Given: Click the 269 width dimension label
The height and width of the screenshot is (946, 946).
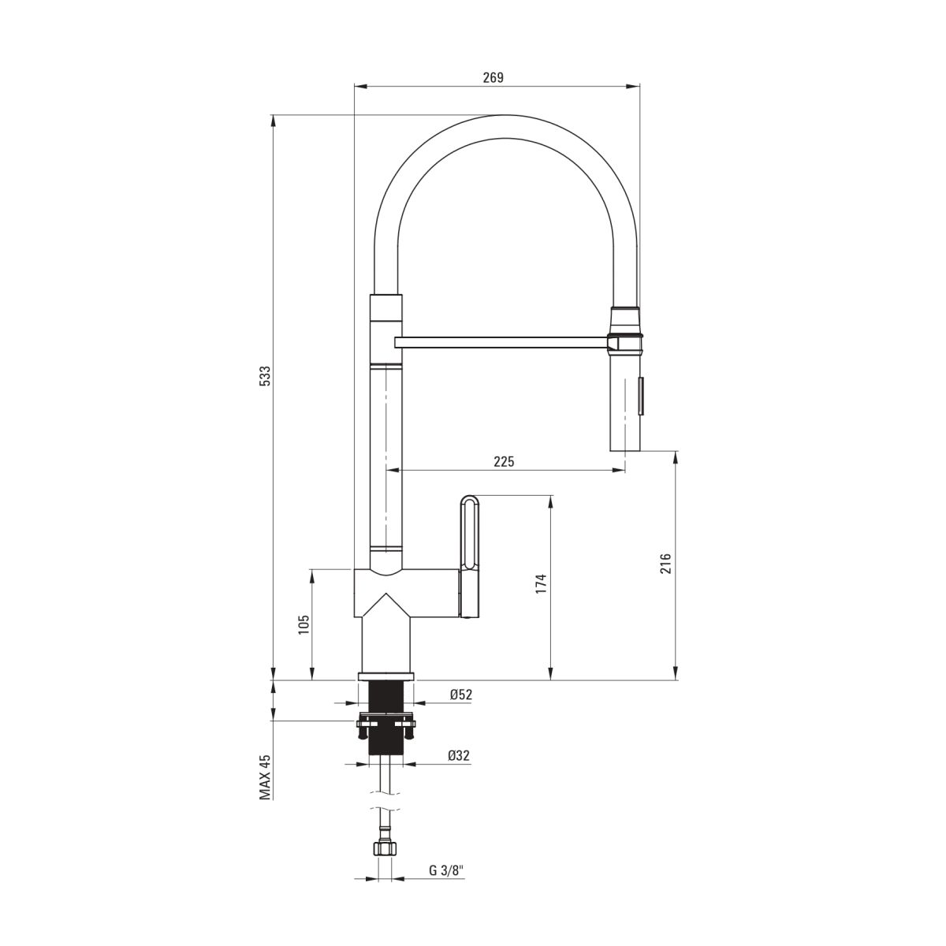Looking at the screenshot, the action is pos(493,77).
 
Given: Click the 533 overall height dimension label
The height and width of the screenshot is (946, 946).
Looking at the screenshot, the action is pos(265,375).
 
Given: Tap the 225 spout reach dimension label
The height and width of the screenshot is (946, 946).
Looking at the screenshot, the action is pos(505,461).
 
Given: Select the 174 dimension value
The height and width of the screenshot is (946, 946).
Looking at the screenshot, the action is pos(541,583).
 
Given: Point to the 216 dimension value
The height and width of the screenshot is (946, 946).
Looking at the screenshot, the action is pos(665,564).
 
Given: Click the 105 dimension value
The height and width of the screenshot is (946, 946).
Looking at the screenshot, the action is pos(304,625).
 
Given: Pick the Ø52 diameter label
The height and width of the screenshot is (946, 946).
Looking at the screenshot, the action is pos(461,695).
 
